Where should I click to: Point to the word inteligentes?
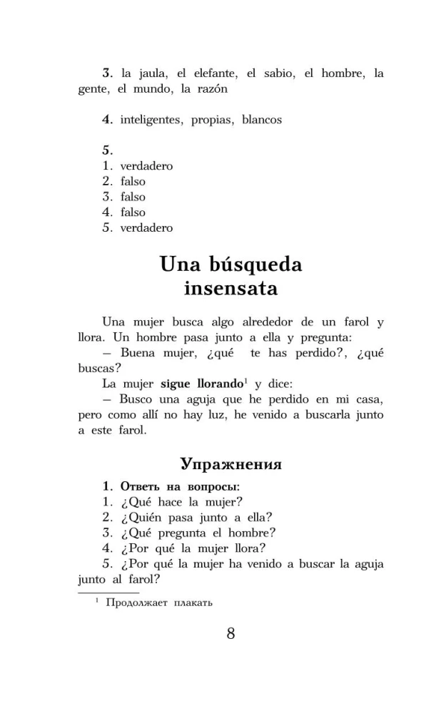coord(151,120)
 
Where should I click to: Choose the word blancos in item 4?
coord(262,120)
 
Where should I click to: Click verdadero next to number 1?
coord(146,166)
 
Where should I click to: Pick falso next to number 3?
coord(133,197)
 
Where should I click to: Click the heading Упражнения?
coord(230,464)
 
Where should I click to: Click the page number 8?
coord(230,633)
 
